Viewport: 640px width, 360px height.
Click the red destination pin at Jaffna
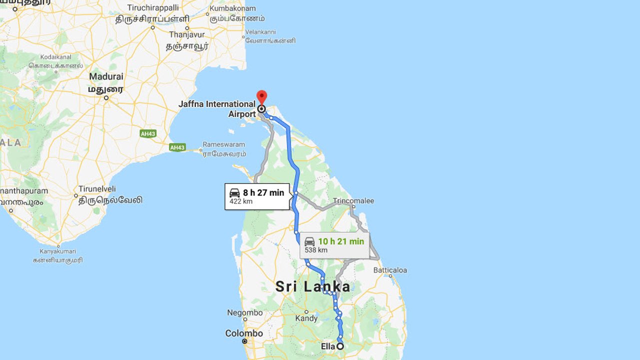click(261, 97)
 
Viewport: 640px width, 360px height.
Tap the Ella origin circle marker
click(340, 346)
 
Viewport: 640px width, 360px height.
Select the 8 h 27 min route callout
click(257, 196)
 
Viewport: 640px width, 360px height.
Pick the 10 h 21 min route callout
click(334, 245)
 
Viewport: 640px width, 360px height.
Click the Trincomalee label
click(353, 201)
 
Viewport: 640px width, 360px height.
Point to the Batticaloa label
click(390, 270)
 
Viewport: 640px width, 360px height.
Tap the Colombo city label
click(244, 333)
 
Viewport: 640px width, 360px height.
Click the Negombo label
click(244, 312)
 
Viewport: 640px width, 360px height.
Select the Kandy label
click(306, 318)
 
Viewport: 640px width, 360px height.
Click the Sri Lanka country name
click(312, 286)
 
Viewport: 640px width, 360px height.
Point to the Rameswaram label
click(223, 144)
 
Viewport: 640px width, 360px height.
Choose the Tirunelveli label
click(97, 189)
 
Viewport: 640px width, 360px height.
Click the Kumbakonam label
click(232, 8)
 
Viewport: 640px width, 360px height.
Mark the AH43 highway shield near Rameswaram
click(177, 147)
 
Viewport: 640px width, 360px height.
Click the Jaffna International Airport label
click(217, 109)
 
